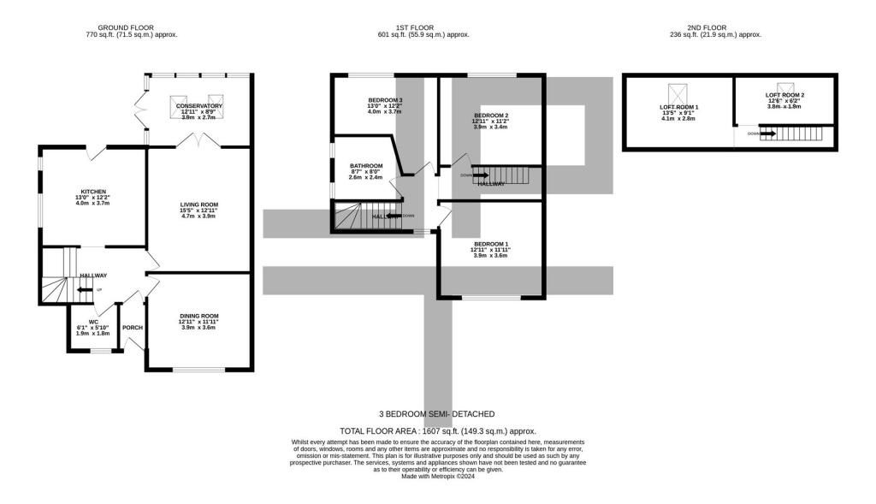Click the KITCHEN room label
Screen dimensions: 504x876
pos(93,192)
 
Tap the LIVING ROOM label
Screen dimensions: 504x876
pos(198,205)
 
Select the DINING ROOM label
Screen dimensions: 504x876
pos(198,316)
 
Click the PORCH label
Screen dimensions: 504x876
pos(133,328)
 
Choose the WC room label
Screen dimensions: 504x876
pos(93,322)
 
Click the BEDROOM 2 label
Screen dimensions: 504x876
pos(491,116)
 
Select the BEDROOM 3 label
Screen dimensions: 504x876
pos(385,101)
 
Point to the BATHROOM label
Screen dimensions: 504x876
pos(366,165)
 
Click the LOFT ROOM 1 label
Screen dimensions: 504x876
pos(679,107)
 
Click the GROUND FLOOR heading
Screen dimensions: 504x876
pos(119,27)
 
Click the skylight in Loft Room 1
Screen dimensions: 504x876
pos(678,91)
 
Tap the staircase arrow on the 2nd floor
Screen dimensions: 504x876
pos(766,134)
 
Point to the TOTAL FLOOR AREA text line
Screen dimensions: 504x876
pos(438,431)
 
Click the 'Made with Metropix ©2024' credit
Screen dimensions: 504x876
pos(438,477)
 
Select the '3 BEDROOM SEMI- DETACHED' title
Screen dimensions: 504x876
pos(438,413)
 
